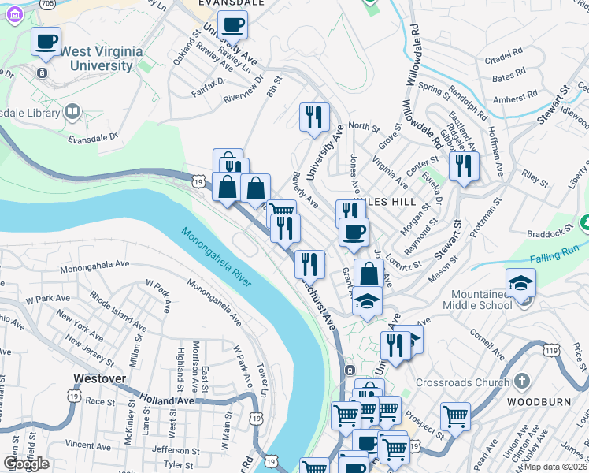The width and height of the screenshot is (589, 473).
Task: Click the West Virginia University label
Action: click(102, 58)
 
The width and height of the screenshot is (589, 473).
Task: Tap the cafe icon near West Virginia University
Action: click(46, 40)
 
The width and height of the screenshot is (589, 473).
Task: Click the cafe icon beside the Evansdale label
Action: click(232, 24)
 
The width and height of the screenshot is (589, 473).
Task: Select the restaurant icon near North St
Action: click(314, 117)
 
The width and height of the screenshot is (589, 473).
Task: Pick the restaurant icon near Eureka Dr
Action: click(463, 166)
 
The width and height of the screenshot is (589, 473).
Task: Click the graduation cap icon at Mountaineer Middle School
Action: click(520, 282)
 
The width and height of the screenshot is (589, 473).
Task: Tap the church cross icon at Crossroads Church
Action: click(520, 382)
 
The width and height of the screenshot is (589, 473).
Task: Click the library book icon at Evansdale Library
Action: click(72, 112)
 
